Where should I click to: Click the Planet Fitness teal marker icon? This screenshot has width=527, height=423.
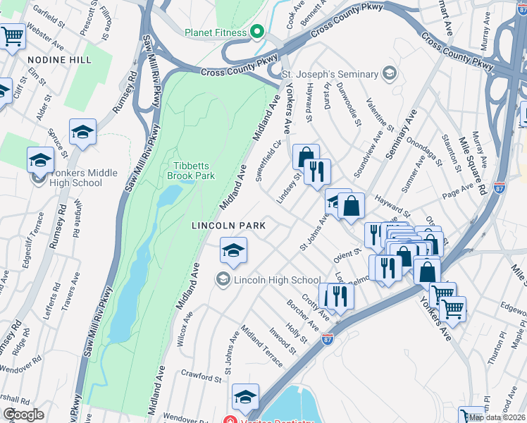(258, 32)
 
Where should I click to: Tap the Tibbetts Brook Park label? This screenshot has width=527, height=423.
(191, 171)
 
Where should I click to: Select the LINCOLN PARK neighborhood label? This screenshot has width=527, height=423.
(229, 226)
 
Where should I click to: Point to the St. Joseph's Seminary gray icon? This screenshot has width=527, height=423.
(388, 73)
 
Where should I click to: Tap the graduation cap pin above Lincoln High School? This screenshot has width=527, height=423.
(234, 250)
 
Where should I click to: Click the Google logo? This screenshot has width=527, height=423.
(23, 415)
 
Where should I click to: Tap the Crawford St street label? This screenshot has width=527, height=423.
(201, 376)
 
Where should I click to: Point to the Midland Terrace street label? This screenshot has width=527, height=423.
(261, 346)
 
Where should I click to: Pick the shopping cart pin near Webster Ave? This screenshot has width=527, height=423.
(12, 36)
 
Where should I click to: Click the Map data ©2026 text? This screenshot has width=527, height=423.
(497, 417)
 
